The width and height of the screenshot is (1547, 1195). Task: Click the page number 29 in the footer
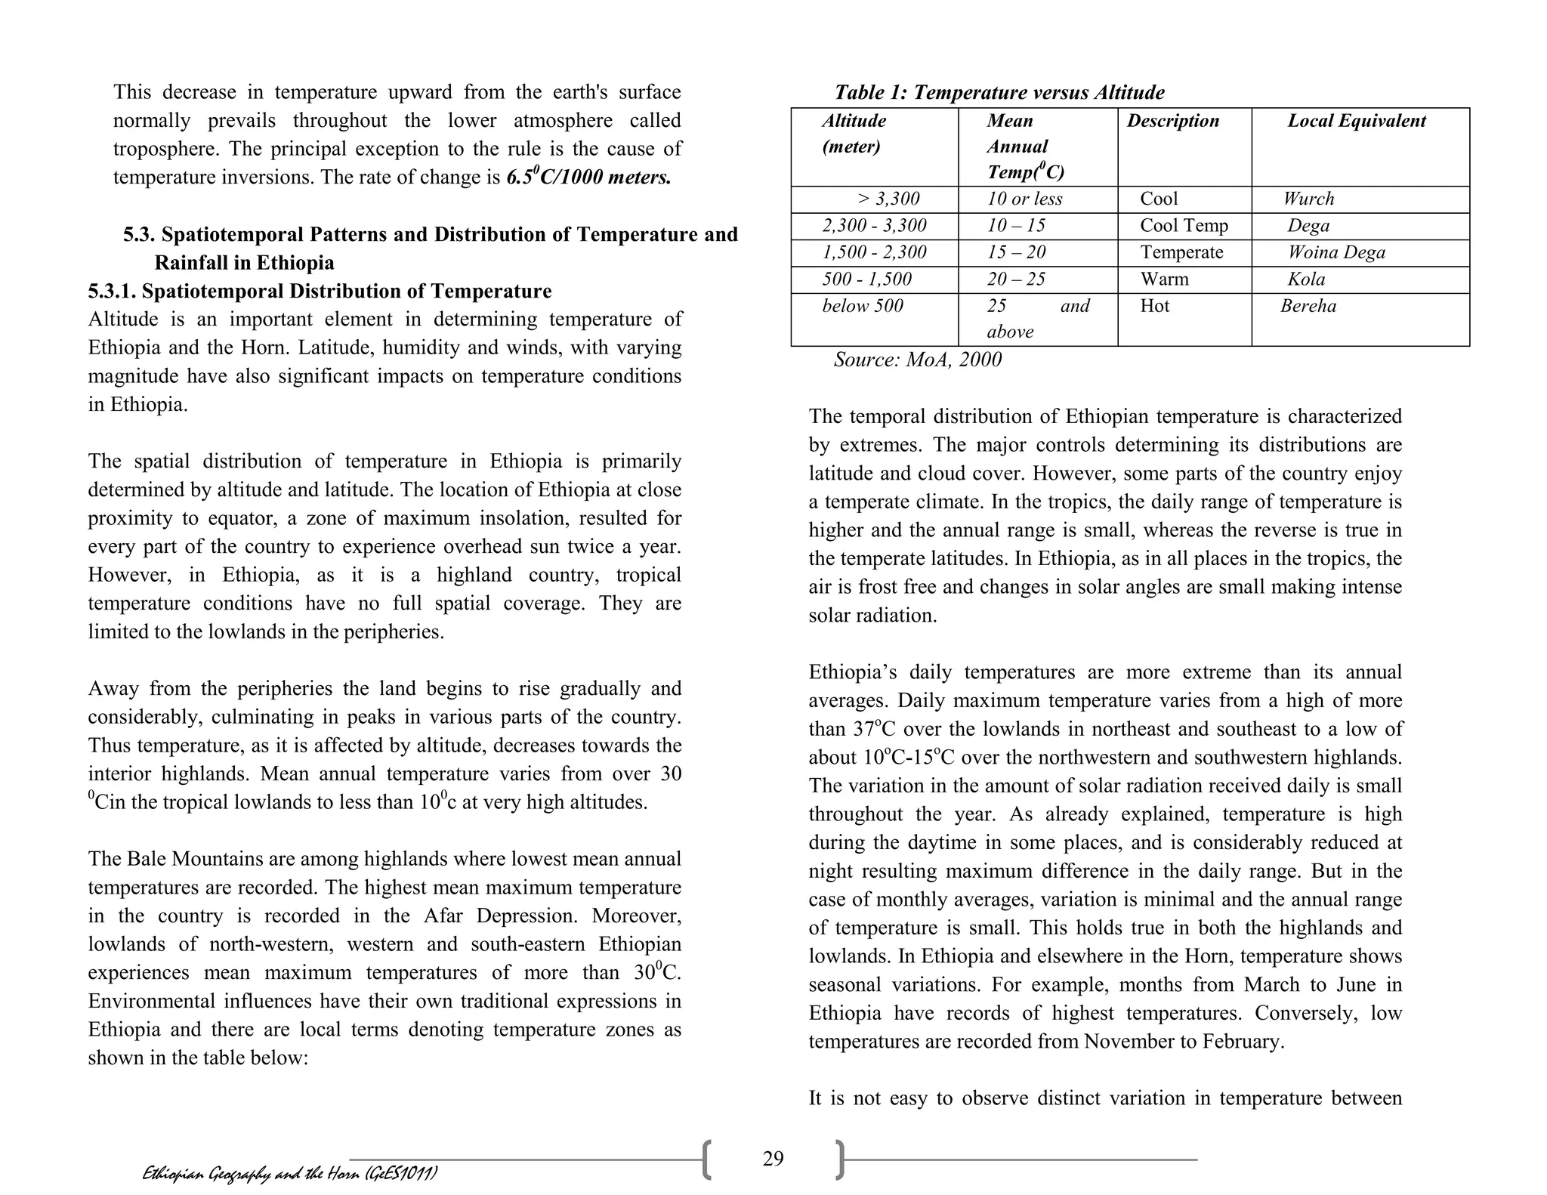point(773,1158)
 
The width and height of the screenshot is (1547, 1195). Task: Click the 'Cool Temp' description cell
point(1184,226)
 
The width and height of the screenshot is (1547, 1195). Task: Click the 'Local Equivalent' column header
point(1357,121)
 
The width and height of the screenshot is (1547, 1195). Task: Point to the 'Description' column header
point(1173,121)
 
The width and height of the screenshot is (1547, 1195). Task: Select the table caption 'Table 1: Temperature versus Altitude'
point(999,93)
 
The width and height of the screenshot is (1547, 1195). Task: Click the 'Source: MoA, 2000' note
point(917,360)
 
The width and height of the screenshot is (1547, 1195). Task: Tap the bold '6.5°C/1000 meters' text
point(588,178)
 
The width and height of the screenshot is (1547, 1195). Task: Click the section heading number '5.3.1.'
point(112,292)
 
